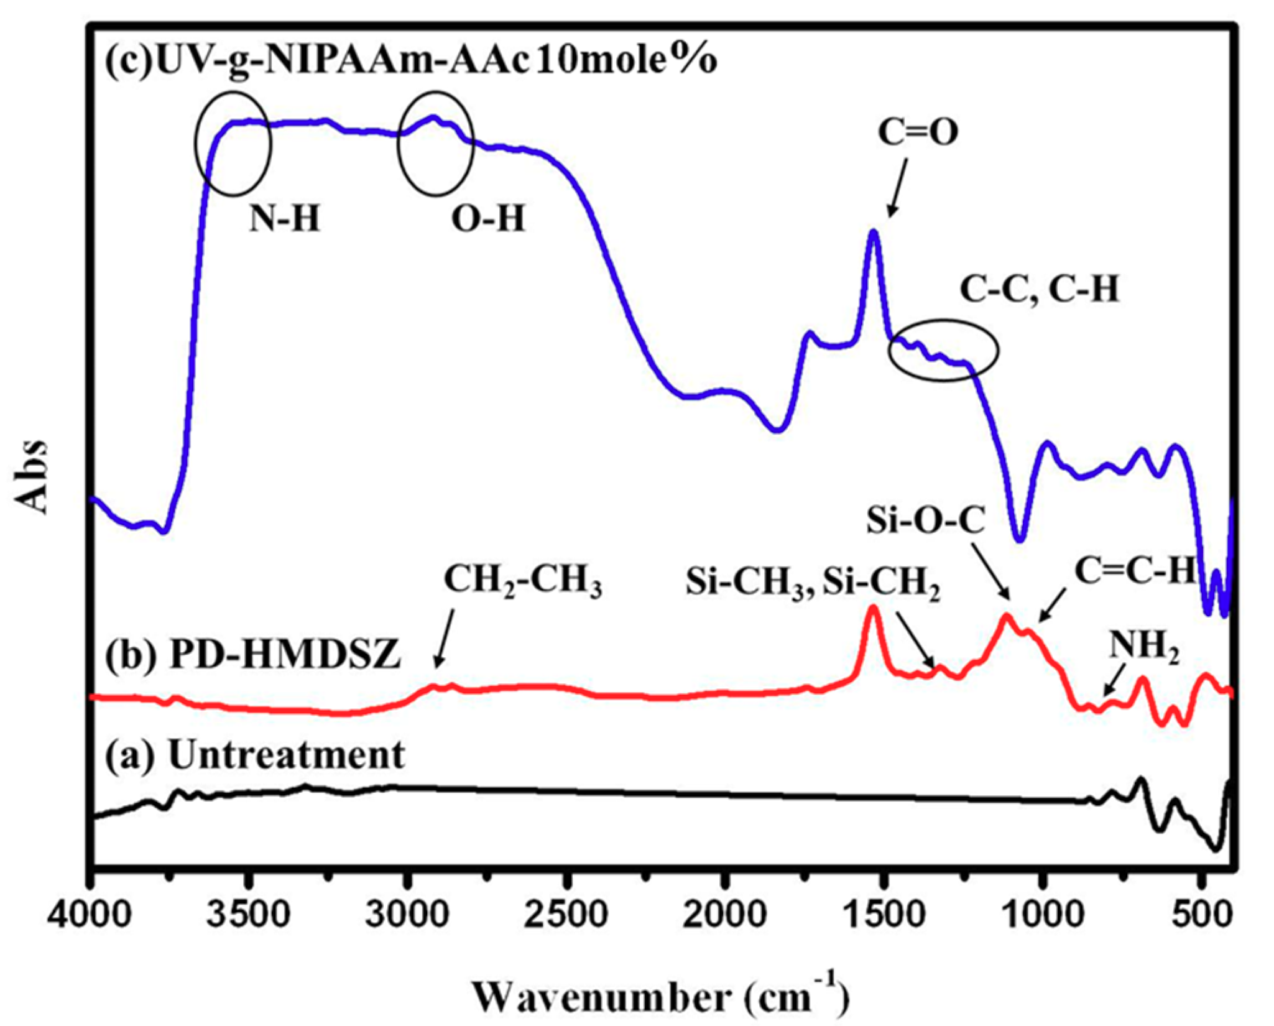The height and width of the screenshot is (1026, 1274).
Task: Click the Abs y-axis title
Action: [31, 477]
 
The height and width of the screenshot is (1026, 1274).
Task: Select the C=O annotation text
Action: [918, 132]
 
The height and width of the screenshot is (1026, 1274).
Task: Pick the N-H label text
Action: [285, 219]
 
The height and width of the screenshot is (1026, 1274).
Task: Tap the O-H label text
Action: [488, 219]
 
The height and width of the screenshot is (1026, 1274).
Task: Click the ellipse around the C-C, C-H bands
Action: [943, 350]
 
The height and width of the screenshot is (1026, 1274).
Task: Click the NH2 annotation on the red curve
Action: [1145, 648]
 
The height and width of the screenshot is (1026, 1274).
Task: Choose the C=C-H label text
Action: [1135, 571]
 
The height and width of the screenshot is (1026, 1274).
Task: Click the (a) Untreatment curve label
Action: [255, 756]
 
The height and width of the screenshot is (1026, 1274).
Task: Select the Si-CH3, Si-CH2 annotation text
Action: [813, 585]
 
